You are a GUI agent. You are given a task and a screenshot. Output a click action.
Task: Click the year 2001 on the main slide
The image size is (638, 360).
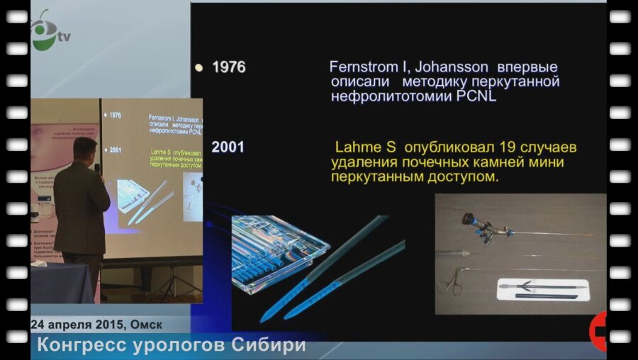(x=228, y=147)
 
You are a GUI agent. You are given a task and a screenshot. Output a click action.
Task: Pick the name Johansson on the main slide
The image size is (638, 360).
(x=451, y=67)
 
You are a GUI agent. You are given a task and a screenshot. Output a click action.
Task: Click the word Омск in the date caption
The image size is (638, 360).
(x=145, y=324)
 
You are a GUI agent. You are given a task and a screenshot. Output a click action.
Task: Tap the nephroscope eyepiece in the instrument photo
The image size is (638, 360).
(x=470, y=220)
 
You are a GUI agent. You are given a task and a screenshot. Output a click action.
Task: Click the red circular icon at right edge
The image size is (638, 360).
(x=600, y=331)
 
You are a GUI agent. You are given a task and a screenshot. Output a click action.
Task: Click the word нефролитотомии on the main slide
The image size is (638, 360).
(x=387, y=97)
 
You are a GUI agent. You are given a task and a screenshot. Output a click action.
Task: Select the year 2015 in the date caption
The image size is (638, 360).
(x=104, y=324)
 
